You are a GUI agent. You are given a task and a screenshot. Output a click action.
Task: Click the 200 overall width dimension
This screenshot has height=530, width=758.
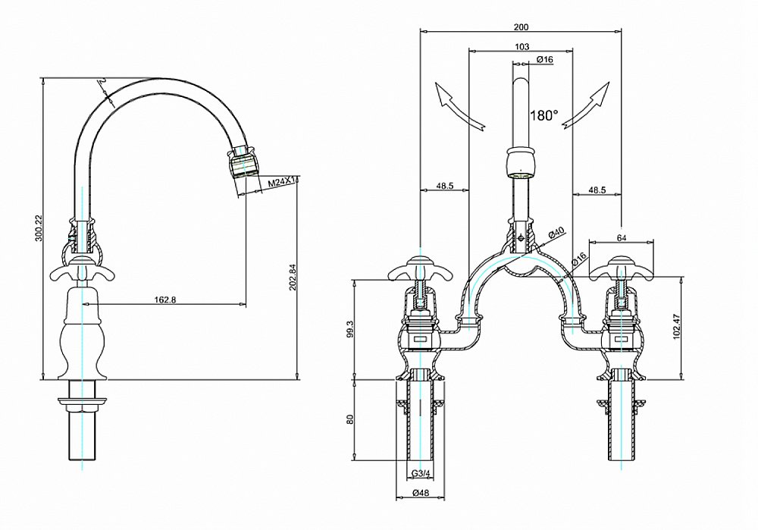(x=521, y=27)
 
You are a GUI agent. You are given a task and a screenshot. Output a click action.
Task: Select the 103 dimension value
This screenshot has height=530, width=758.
(x=521, y=46)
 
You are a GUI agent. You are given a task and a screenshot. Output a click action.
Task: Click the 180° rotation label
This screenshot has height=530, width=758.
(x=544, y=115)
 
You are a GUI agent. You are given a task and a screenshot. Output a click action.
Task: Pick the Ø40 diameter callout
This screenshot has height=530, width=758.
(x=557, y=233)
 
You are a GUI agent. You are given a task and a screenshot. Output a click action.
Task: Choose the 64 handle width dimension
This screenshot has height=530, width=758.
(x=621, y=238)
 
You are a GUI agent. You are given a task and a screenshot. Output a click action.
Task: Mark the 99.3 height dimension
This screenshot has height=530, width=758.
(x=349, y=328)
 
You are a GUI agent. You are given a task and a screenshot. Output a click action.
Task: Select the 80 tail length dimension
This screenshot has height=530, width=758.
(x=349, y=419)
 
